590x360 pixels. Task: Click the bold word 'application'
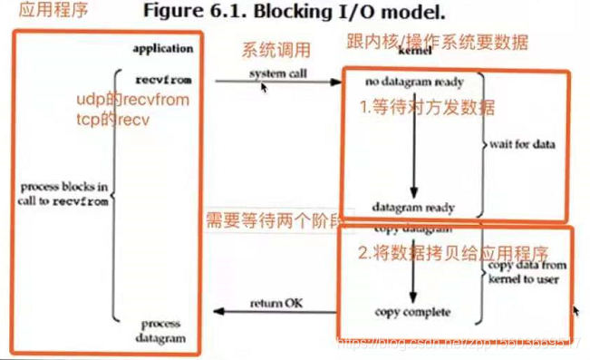tap(163, 48)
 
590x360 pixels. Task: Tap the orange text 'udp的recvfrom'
tap(132, 100)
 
